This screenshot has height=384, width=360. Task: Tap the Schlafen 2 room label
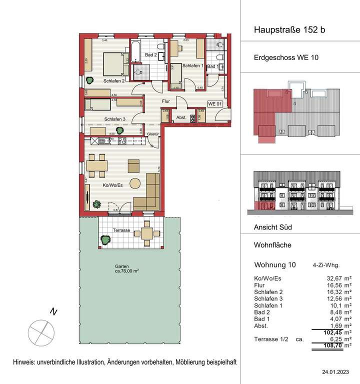(114, 80)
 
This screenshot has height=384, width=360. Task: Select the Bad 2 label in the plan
(151, 54)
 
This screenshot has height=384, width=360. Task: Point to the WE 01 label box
(214, 104)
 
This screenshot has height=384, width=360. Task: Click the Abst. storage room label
(181, 118)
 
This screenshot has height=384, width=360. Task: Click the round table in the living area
(135, 182)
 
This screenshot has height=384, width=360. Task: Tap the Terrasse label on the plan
(122, 230)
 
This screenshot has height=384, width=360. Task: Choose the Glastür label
(153, 134)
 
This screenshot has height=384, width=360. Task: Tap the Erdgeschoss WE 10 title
(283, 57)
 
